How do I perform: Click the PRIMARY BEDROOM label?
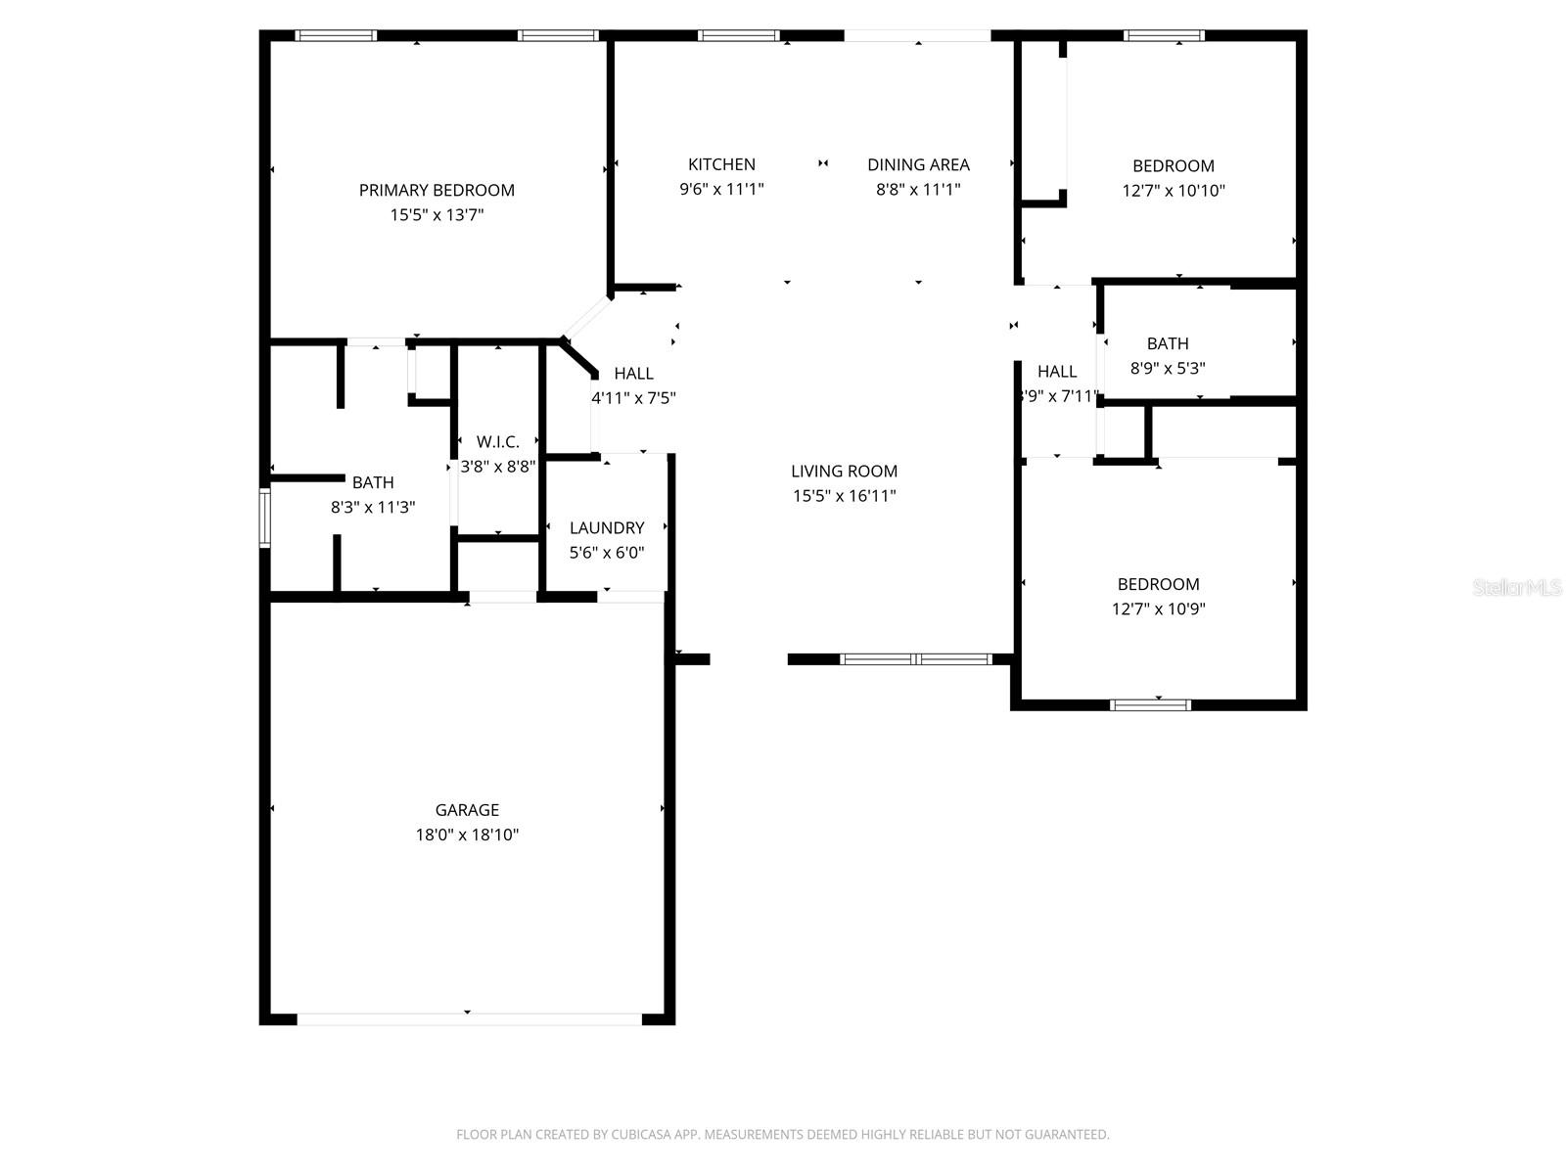437,190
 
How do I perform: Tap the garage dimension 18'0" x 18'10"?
467,835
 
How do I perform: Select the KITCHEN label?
721,164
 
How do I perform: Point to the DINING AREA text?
918,164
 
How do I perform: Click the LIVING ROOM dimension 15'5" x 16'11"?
844,496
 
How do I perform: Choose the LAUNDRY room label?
607,527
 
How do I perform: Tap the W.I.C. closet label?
497,441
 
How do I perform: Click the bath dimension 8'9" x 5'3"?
1168,369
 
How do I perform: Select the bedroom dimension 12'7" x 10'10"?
1173,191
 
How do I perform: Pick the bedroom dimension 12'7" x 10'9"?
1158,609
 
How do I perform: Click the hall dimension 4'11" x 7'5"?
633,398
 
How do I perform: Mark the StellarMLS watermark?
1517,587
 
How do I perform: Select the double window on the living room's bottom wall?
916,658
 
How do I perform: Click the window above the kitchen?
739,36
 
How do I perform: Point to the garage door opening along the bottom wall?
468,1018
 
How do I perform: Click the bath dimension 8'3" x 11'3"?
373,507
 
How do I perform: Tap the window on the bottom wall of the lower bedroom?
1150,704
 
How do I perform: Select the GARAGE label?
467,810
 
